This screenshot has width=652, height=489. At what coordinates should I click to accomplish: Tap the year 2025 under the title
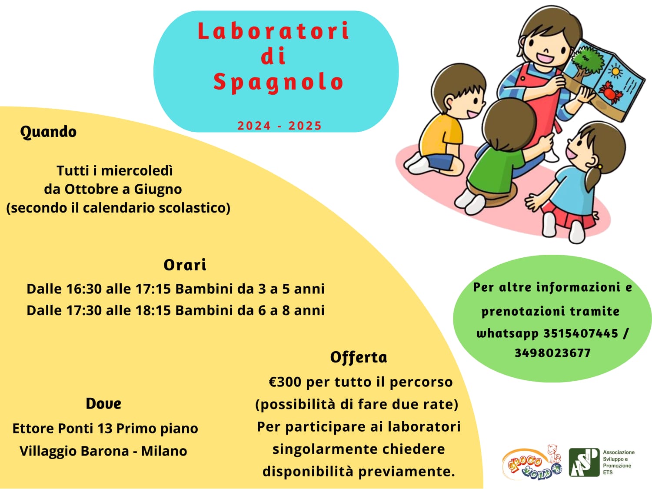[x=305, y=126]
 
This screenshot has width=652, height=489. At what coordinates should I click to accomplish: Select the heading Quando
[x=48, y=132]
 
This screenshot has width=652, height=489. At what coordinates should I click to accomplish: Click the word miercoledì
[x=136, y=171]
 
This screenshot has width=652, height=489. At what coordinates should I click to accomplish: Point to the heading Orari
[x=185, y=265]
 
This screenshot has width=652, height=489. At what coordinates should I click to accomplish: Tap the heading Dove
[x=103, y=404]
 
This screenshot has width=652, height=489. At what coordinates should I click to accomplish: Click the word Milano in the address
[x=164, y=451]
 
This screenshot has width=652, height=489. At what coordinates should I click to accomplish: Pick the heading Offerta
[x=359, y=357]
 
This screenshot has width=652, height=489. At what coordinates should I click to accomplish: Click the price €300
[x=285, y=382]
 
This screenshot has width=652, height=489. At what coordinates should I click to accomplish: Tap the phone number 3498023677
[x=552, y=353]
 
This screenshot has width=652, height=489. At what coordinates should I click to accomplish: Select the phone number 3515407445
[x=581, y=333]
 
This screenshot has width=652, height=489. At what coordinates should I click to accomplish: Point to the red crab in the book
[x=610, y=92]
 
